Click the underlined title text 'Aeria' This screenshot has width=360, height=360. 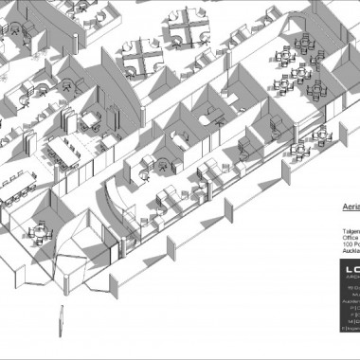[x=349, y=202]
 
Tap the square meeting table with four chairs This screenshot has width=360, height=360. [x=92, y=118]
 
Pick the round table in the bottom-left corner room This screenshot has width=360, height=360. [x=39, y=230]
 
